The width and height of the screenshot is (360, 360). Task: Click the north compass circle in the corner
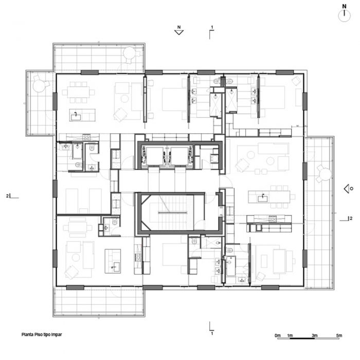pos(344,16)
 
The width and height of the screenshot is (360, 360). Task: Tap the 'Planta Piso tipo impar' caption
pos(42,334)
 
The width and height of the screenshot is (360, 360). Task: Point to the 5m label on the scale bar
pos(339,335)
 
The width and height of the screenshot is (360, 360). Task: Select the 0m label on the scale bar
pos(278,335)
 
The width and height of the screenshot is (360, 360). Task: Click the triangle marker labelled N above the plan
pos(179,32)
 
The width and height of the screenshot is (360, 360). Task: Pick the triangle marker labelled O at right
pos(347,189)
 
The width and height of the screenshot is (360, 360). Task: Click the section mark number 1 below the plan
pos(212,333)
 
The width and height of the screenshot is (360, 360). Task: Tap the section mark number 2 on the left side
pos(8,196)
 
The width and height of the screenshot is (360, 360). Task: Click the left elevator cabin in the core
pos(154,156)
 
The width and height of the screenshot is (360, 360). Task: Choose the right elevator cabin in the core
pos(179,156)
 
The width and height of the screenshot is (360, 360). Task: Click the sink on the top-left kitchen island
pos(76,116)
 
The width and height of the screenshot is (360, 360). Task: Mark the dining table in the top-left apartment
pos(78,92)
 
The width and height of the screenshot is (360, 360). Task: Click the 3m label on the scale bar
pos(314,335)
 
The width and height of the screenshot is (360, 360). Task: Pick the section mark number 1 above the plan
pos(212,27)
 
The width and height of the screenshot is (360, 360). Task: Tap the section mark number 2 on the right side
pos(351,219)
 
